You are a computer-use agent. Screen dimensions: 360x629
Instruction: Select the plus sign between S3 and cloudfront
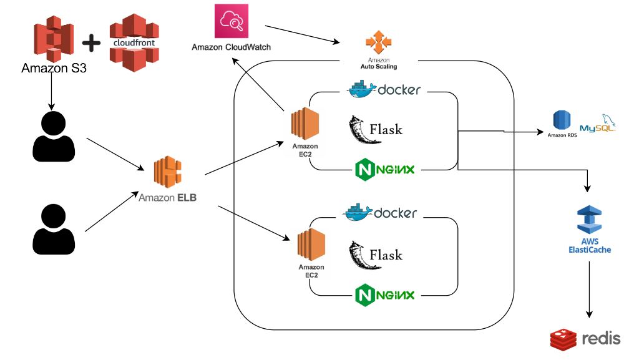click(x=91, y=44)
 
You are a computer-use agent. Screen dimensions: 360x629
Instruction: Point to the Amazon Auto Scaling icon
click(x=378, y=42)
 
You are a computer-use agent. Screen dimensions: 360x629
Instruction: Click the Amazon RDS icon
click(x=562, y=121)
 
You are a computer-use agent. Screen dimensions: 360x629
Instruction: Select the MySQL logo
click(x=597, y=123)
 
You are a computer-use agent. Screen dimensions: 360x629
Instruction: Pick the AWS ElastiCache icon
click(x=589, y=221)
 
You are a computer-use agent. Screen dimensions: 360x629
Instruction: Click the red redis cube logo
click(x=563, y=339)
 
